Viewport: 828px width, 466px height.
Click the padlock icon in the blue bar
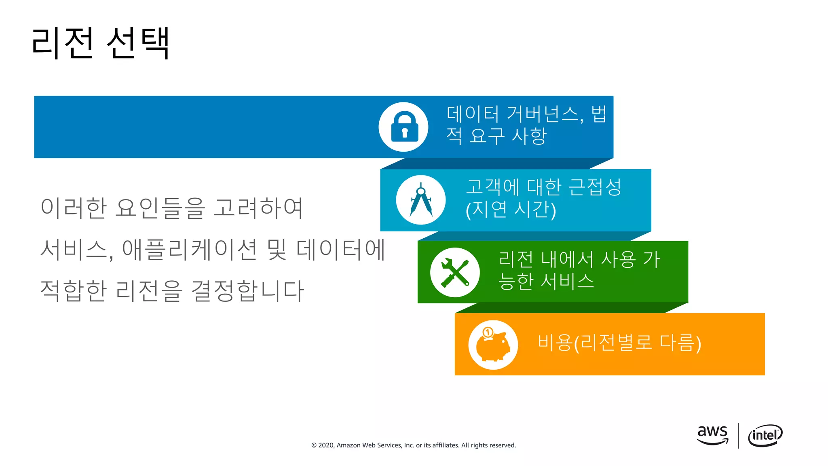click(404, 127)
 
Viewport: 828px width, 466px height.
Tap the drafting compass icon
click(421, 200)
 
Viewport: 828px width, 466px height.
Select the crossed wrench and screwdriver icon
click(455, 272)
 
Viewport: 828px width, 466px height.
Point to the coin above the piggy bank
click(488, 333)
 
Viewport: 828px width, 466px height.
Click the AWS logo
click(712, 435)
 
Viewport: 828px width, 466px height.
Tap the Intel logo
click(765, 436)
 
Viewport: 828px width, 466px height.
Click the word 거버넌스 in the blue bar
click(544, 114)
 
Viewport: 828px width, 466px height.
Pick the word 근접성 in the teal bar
click(594, 187)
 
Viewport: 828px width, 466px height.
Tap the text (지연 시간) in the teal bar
click(511, 210)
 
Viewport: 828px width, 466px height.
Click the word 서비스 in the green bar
click(567, 281)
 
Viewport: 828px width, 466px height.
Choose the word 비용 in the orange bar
click(555, 343)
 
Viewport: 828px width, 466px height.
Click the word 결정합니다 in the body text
click(247, 291)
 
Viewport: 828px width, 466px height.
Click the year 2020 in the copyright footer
click(326, 445)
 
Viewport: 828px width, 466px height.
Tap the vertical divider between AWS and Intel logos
click(738, 436)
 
